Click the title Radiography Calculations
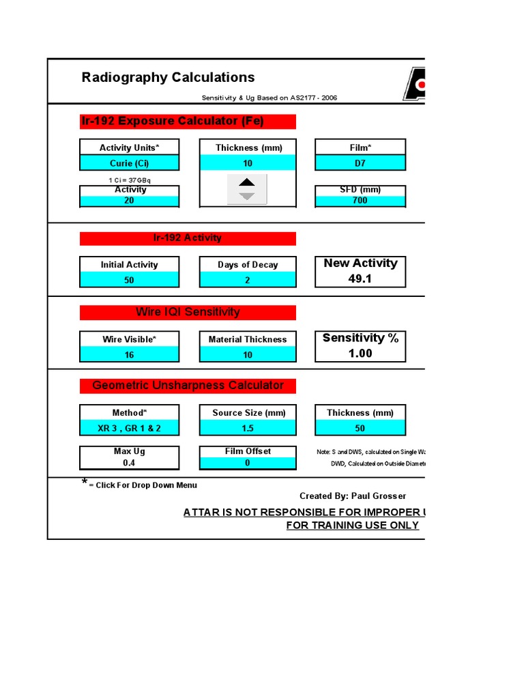coord(168,77)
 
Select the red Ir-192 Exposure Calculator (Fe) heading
coord(188,122)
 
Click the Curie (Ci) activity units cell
coord(130,163)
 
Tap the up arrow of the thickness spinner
coord(247,182)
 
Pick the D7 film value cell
coord(360,163)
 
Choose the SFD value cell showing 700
coord(360,201)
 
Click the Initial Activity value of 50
coord(130,280)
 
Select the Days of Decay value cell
coord(248,280)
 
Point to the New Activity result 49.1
coord(360,279)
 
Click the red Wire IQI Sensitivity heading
coord(188,312)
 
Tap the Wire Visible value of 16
coord(130,354)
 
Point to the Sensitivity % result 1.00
coord(360,353)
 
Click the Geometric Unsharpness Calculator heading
coord(188,386)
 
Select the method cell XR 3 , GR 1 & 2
coord(130,428)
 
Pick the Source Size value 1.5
coord(248,428)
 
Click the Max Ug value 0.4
coord(130,463)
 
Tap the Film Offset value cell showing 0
coord(248,463)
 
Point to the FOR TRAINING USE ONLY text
coord(353,525)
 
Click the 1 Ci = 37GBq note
coord(130,180)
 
